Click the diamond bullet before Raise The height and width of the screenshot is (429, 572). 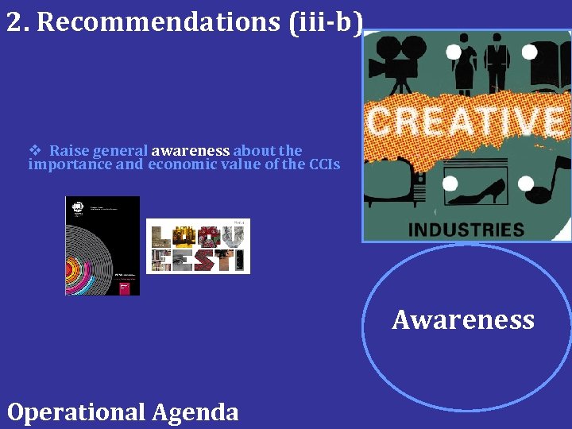pyautogui.click(x=34, y=150)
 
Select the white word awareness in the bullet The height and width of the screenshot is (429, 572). pyautogui.click(x=190, y=150)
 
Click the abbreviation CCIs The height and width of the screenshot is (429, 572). pyautogui.click(x=324, y=164)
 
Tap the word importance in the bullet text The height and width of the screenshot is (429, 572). pyautogui.click(x=68, y=164)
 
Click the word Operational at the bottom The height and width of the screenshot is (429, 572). pyautogui.click(x=75, y=412)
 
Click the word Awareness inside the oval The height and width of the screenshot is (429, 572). pyautogui.click(x=463, y=319)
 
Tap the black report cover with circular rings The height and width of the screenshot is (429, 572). pyautogui.click(x=102, y=245)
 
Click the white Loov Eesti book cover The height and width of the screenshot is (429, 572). pyautogui.click(x=198, y=246)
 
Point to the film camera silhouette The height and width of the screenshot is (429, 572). pyautogui.click(x=396, y=64)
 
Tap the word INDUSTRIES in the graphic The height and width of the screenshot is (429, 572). pyautogui.click(x=466, y=230)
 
